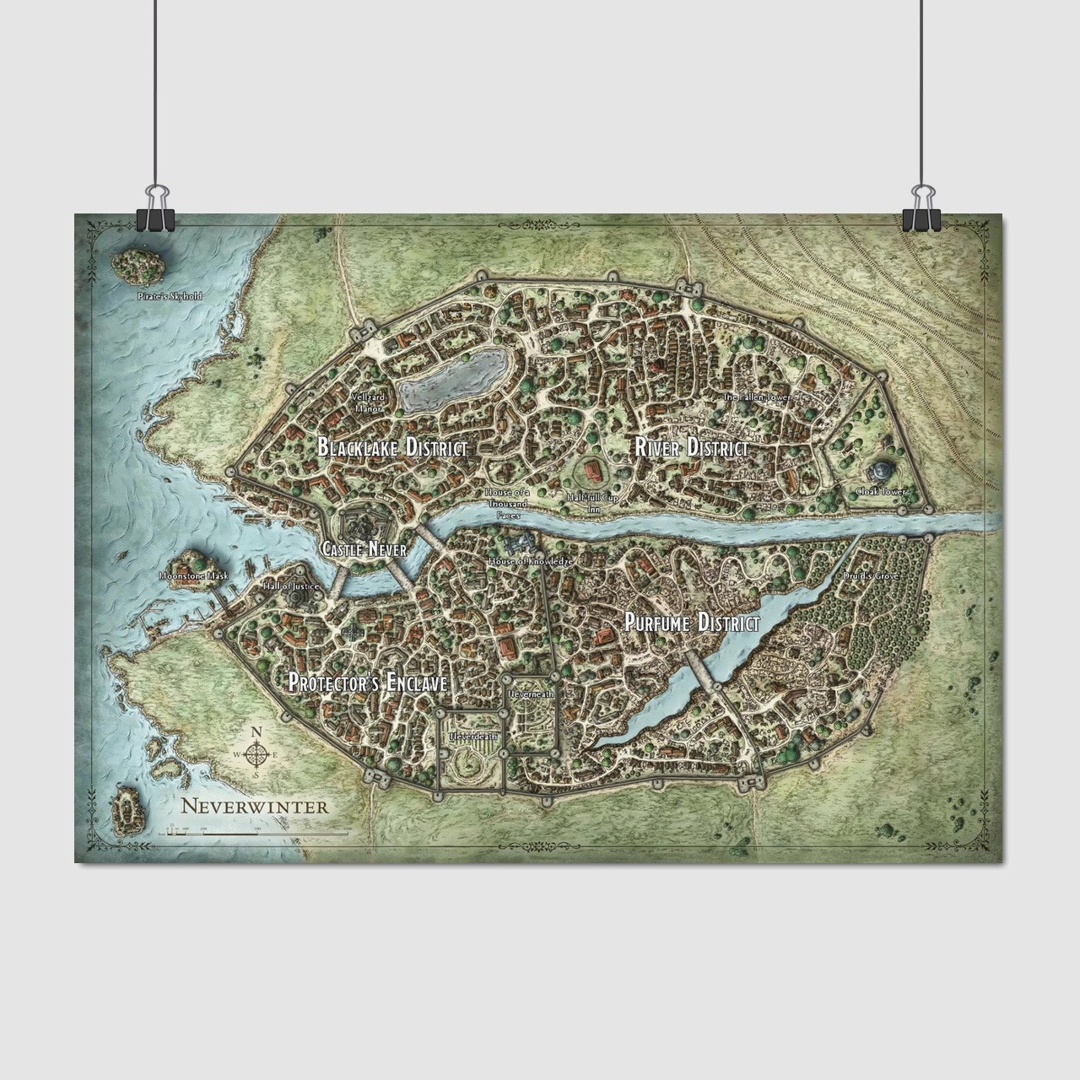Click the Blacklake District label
coord(392,448)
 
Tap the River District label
coord(691,448)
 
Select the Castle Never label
coord(364,549)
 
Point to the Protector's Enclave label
coord(367,683)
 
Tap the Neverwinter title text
coord(242,806)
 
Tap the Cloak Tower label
coord(881,491)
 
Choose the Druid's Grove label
coord(870,576)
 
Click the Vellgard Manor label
coord(369,402)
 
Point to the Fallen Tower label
coord(755,396)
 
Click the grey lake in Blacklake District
coord(454,381)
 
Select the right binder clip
coord(921,215)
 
